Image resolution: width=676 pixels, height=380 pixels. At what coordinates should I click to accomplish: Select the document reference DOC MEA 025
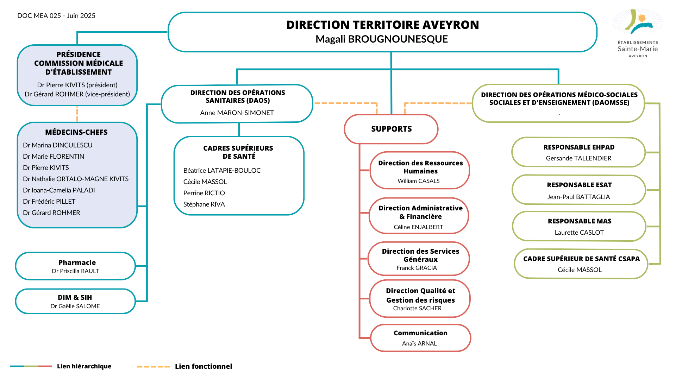click(39, 16)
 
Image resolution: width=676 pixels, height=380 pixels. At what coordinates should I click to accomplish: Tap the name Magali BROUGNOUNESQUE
click(382, 39)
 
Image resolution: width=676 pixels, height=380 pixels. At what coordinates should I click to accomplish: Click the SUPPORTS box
click(391, 129)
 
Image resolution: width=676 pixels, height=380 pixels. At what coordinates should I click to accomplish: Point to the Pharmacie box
click(76, 266)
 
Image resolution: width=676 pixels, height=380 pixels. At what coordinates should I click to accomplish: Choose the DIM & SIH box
click(76, 301)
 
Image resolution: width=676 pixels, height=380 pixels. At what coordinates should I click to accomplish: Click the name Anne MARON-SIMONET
click(237, 113)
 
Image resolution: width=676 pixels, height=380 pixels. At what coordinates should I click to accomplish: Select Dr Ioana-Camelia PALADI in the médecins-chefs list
click(59, 190)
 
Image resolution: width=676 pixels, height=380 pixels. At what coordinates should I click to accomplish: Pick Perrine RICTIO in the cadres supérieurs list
click(204, 193)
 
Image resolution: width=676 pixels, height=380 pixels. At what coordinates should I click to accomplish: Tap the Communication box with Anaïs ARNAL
click(421, 338)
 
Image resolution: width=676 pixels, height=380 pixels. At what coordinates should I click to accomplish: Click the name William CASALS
click(419, 181)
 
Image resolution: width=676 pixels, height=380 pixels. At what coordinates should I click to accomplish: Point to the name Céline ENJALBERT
click(418, 227)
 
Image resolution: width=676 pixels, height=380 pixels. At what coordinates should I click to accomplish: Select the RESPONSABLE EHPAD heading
click(579, 147)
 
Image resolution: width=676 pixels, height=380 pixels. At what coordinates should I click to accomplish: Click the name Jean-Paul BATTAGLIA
click(578, 197)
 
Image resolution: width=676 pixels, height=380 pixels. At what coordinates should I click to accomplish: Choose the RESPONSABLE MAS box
click(579, 226)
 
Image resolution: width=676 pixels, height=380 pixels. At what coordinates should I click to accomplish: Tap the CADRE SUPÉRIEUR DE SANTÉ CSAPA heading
click(581, 259)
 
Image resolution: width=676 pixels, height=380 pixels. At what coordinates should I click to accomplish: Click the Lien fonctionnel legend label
click(204, 366)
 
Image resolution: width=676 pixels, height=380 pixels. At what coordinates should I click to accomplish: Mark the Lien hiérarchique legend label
click(84, 366)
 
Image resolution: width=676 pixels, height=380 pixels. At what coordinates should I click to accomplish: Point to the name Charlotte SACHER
click(417, 308)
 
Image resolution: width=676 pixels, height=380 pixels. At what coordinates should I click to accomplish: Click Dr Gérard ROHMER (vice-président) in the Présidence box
click(77, 94)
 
